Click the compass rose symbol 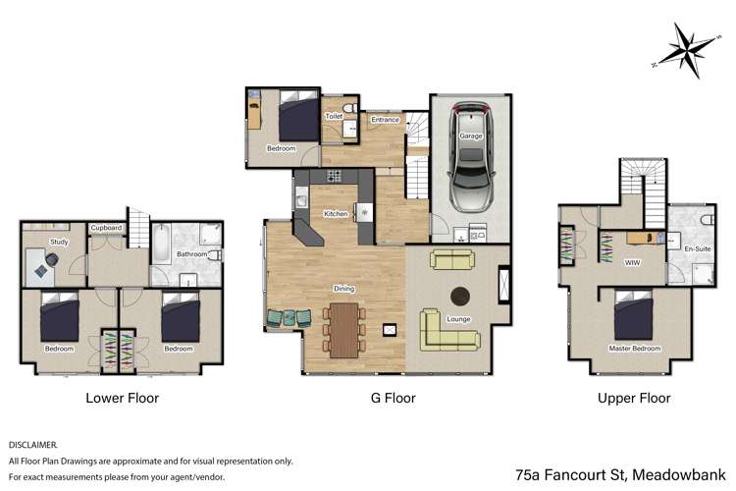[x=687, y=50]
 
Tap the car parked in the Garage [x=471, y=156]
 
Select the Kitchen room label [x=336, y=214]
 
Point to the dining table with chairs [x=344, y=330]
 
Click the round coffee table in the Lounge [x=460, y=296]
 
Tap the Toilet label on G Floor [x=335, y=116]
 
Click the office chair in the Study [x=52, y=258]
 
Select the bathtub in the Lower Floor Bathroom [x=161, y=244]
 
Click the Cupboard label [x=106, y=228]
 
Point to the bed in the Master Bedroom [x=633, y=314]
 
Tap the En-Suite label [x=698, y=248]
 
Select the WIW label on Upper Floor [x=632, y=262]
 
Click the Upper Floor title [x=634, y=398]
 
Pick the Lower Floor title [x=123, y=398]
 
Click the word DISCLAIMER [x=32, y=445]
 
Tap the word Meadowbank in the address [x=679, y=474]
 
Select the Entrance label [x=386, y=120]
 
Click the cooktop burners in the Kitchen [x=335, y=176]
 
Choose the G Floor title [x=394, y=398]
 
